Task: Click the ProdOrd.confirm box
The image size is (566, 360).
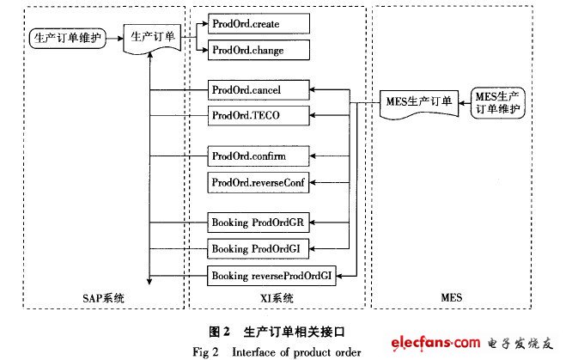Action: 247,157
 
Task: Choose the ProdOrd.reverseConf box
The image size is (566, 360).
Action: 258,182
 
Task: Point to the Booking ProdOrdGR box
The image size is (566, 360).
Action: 259,222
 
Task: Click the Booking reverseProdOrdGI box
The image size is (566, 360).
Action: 271,276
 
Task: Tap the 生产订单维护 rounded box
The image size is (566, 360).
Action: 66,38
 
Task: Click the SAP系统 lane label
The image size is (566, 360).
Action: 101,298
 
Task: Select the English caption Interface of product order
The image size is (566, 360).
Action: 297,350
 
